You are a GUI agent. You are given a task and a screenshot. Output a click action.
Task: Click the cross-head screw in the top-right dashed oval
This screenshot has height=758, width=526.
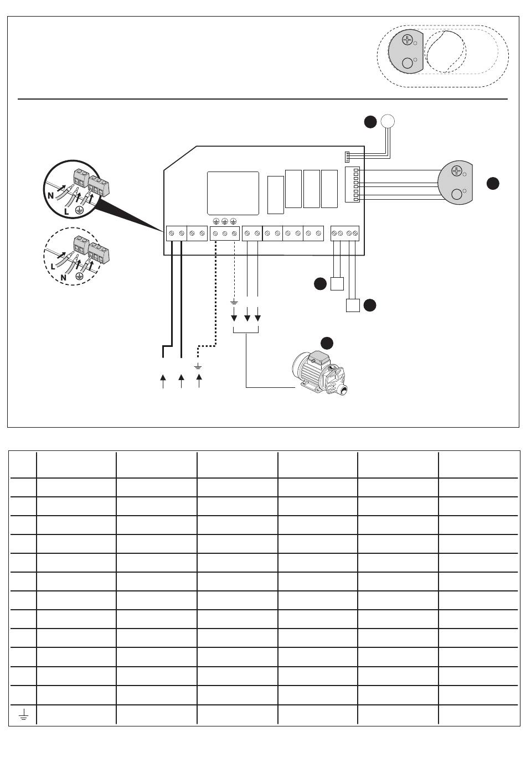[408, 40]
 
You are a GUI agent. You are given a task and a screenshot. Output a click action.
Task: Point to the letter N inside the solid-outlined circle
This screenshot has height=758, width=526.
[50, 195]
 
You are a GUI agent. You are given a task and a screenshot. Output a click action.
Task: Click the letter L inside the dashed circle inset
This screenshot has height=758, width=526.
[53, 266]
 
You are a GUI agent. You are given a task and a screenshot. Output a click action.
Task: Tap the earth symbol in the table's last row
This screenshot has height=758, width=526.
[23, 715]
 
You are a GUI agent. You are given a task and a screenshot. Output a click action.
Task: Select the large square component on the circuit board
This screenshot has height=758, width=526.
[233, 193]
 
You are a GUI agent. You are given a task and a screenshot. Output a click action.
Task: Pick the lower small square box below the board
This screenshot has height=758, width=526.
[352, 305]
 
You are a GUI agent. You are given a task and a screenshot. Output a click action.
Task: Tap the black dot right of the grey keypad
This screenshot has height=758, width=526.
[493, 184]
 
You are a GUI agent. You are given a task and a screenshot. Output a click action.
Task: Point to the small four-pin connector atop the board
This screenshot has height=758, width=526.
[347, 157]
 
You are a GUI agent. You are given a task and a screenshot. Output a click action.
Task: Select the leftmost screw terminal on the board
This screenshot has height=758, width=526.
[172, 234]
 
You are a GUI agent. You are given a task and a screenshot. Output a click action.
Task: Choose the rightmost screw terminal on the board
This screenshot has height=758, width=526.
[355, 234]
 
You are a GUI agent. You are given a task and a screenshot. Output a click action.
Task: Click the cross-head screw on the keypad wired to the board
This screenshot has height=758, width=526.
[457, 170]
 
